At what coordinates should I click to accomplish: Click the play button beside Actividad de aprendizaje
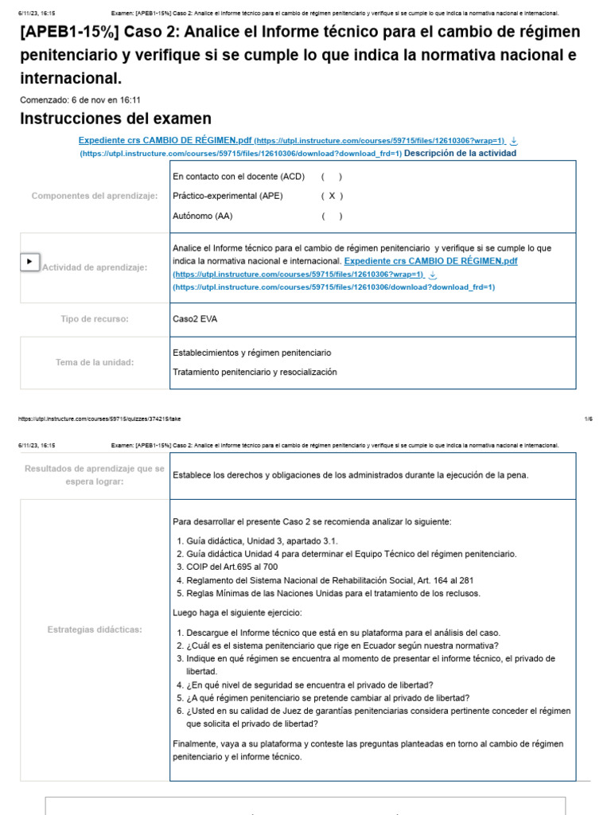[x=29, y=261]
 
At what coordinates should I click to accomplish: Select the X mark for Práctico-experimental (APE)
[x=332, y=196]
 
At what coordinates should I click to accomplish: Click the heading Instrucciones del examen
[x=115, y=119]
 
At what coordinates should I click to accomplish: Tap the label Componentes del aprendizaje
[x=95, y=196]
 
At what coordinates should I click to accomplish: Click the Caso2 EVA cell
[x=194, y=319]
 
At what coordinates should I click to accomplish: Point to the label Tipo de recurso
[x=95, y=319]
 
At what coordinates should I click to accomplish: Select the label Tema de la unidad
[x=95, y=362]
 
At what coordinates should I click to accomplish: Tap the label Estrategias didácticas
[x=95, y=630]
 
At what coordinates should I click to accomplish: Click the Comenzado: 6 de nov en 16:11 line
[x=80, y=99]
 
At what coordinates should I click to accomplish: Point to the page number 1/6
[x=588, y=418]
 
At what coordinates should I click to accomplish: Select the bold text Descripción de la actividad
[x=460, y=153]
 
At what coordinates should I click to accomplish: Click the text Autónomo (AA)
[x=203, y=216]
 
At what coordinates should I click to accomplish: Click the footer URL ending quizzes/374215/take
[x=103, y=418]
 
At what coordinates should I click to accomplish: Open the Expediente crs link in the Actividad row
[x=430, y=261]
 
